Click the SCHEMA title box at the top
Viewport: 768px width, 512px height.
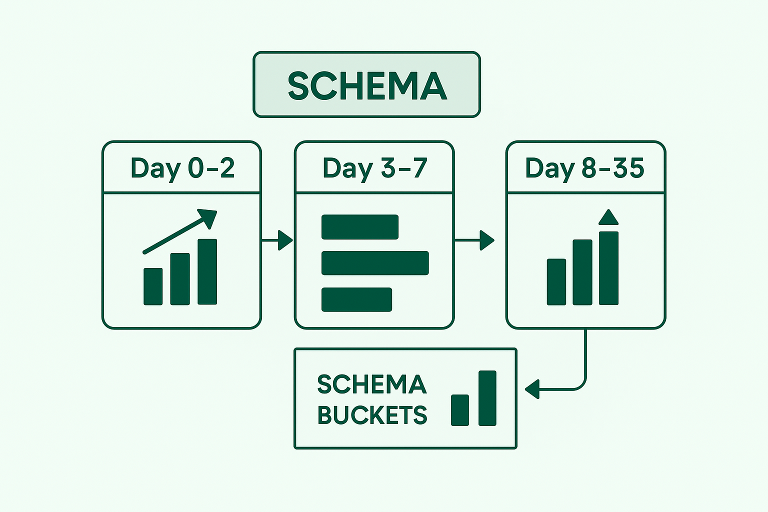366,84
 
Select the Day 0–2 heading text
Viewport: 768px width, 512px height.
182,168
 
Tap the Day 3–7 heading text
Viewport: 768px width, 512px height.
374,168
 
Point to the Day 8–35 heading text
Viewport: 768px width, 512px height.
584,168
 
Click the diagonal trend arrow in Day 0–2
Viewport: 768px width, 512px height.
179,231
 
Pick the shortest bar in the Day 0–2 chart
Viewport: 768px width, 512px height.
153,286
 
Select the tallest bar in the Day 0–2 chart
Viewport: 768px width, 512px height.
207,271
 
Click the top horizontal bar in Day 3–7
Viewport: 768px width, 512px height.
359,227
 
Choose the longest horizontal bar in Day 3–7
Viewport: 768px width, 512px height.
375,263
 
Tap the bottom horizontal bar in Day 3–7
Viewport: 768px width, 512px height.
356,299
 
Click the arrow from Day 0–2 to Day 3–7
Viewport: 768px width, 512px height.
277,240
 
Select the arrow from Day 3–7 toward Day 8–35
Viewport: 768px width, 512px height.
474,240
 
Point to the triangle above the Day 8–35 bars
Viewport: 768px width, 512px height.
608,217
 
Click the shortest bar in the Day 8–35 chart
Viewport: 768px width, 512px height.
556,282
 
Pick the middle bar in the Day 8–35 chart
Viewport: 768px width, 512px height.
582,272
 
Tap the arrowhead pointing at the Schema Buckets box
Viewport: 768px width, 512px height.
532,389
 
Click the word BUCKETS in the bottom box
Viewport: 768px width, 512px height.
372,415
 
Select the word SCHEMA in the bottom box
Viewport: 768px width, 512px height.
372,384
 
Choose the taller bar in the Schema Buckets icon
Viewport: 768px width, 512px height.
487,398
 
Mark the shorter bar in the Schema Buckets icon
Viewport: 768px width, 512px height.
460,410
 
